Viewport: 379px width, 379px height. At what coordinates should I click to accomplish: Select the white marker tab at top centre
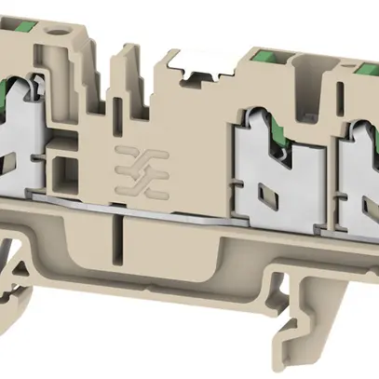tap(198, 67)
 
